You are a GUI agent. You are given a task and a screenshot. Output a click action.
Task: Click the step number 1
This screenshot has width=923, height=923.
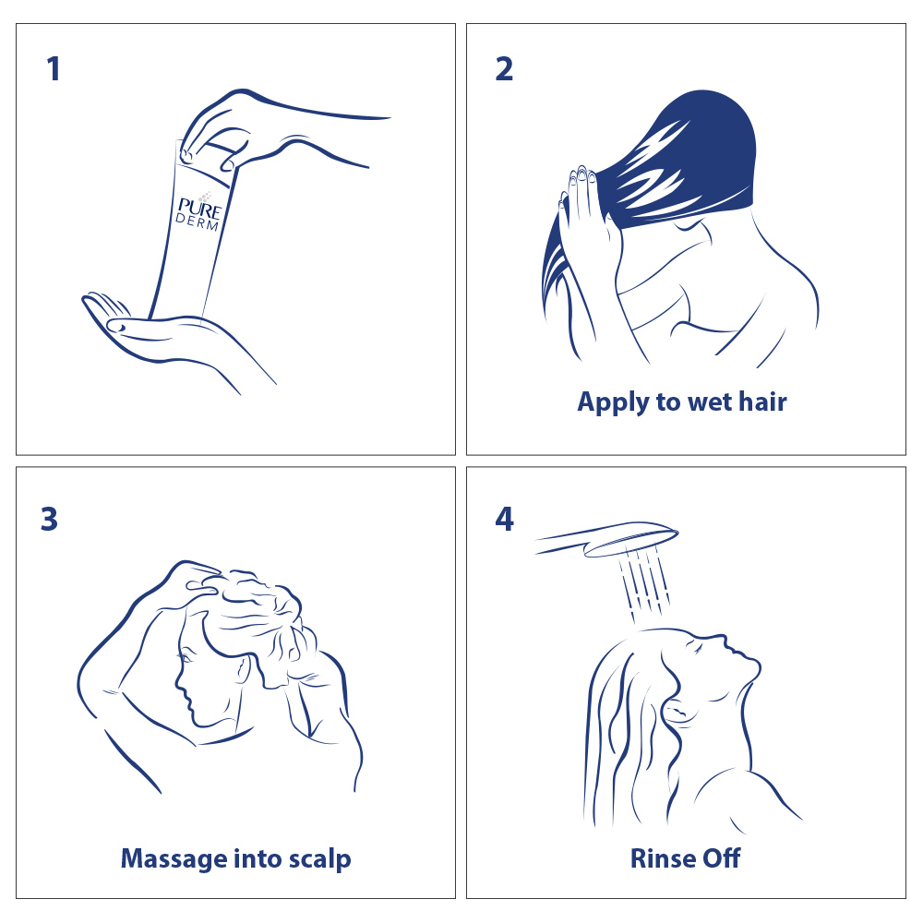(54, 69)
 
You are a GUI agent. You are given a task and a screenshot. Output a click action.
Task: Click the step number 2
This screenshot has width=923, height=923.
(504, 69)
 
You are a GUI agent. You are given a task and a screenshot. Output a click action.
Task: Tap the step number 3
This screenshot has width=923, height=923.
(50, 519)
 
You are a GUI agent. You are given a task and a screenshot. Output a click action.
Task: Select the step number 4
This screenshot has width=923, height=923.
(505, 519)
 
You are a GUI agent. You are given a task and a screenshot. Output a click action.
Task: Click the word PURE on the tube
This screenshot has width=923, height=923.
(199, 209)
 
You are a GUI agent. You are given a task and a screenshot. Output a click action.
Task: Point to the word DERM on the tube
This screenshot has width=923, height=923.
(197, 222)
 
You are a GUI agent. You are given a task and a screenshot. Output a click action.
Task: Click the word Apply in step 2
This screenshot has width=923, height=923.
(612, 403)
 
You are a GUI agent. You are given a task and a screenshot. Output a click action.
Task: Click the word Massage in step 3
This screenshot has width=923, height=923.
(174, 859)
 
